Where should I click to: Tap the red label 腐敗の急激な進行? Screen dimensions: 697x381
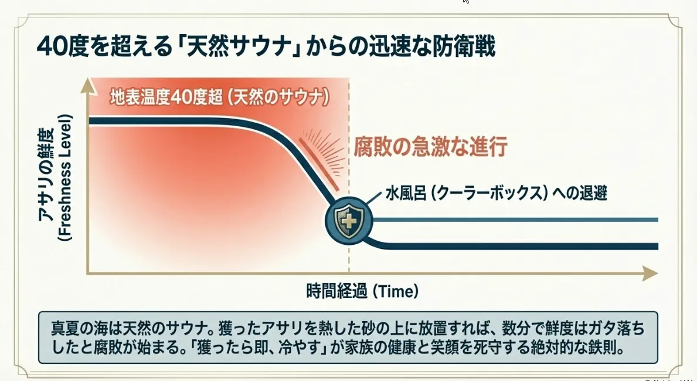click(430, 146)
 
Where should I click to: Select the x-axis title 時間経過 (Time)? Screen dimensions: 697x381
click(362, 291)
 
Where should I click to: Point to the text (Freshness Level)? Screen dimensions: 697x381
click(65, 178)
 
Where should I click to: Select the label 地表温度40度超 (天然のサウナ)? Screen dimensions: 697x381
click(220, 97)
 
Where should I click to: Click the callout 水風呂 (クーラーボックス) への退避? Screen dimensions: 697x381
click(496, 193)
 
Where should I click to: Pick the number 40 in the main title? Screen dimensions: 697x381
click(52, 47)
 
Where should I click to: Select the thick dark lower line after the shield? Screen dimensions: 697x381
click(511, 246)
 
